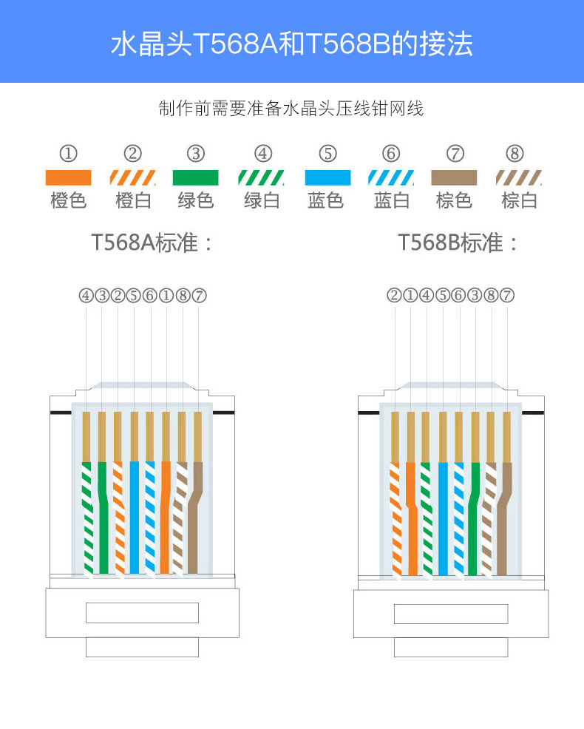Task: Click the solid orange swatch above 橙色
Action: pos(68,177)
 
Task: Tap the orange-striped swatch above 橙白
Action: pos(133,177)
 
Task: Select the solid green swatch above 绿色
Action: pos(195,177)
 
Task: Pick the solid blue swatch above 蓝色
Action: pos(327,177)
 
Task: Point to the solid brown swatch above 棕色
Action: pos(454,177)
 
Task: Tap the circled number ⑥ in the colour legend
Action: pos(391,154)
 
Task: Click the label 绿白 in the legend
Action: pos(262,200)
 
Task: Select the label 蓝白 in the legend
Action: pos(392,200)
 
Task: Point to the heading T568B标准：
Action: pos(459,243)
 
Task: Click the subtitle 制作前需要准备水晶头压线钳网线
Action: pos(291,109)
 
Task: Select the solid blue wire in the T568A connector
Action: pos(135,518)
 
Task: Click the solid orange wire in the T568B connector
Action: pos(412,518)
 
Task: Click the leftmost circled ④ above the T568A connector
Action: pos(86,296)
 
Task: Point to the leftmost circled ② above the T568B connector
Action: pos(394,296)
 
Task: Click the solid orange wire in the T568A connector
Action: pos(166,518)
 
